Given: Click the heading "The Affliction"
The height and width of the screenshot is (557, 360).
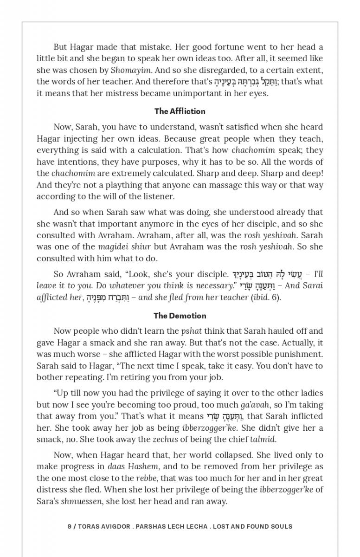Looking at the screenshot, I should point(180,111).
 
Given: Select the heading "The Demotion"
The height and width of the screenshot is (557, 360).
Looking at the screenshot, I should point(180,316).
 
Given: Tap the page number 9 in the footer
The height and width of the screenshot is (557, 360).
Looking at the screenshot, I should point(70,526).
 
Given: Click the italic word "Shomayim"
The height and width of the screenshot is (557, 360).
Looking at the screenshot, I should point(128,70).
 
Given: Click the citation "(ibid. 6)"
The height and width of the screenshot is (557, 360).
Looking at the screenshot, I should point(266,297).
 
